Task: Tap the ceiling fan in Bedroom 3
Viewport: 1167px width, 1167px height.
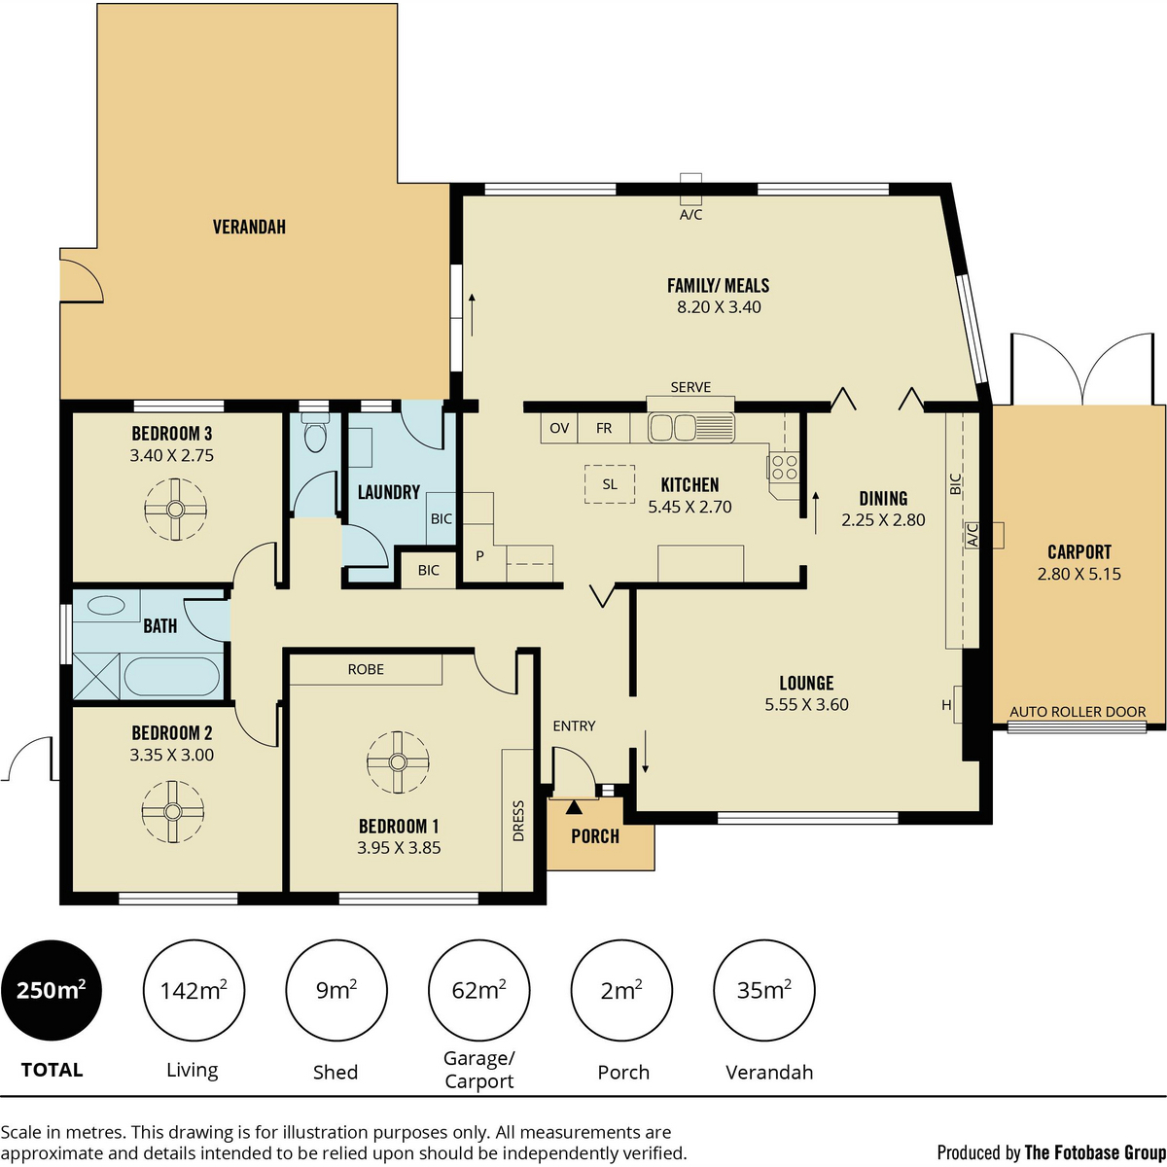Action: click(175, 509)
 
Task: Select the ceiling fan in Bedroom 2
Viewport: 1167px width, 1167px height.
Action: click(173, 811)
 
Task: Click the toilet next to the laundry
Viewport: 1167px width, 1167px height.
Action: click(314, 436)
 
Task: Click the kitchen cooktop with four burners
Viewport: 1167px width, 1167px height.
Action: click(784, 468)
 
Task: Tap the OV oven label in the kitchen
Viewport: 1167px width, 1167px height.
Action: click(559, 428)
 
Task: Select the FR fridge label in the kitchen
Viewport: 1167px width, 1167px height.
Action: click(604, 428)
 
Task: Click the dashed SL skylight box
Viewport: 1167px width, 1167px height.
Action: click(610, 483)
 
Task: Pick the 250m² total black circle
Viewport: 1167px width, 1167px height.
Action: click(51, 991)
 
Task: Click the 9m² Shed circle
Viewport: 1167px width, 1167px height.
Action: click(336, 991)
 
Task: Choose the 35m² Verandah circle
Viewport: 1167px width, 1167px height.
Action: click(763, 991)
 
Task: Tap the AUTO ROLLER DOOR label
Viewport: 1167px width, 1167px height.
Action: click(1078, 712)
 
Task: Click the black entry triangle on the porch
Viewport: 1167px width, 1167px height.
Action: click(574, 805)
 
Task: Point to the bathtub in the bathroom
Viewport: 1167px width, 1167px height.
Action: click(172, 676)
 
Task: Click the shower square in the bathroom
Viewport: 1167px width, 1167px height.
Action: click(96, 676)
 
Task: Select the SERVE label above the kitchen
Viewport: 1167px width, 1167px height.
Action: click(690, 387)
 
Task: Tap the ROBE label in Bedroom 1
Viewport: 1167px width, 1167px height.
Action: click(366, 669)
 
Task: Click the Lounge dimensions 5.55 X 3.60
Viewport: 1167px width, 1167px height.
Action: click(806, 705)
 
